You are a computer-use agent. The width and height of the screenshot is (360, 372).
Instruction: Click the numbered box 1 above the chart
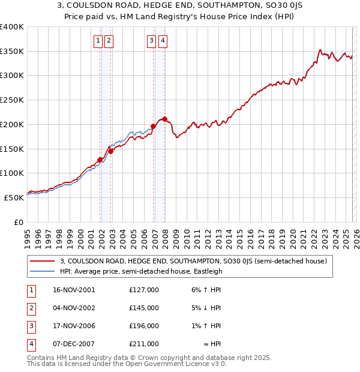click(98, 41)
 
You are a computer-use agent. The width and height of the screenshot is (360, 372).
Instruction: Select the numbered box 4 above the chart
click(163, 41)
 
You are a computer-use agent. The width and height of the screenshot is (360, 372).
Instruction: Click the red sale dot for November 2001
click(100, 160)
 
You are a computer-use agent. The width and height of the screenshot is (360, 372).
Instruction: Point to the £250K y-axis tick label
click(12, 100)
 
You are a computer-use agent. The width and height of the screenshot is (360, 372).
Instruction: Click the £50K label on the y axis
click(14, 197)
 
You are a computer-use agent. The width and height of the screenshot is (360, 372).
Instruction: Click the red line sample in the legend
click(43, 261)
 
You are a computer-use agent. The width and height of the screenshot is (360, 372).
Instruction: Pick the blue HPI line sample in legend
click(43, 271)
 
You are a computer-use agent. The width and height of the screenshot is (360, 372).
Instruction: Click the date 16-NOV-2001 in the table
click(74, 290)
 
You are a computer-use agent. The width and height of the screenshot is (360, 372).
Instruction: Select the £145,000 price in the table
click(144, 308)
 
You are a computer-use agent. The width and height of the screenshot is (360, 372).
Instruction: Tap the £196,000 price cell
click(144, 326)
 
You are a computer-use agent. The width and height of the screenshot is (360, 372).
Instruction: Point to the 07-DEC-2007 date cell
click(74, 344)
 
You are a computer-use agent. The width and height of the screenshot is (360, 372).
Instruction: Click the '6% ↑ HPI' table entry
click(204, 290)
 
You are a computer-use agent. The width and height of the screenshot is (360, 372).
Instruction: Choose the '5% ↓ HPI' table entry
click(204, 308)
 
